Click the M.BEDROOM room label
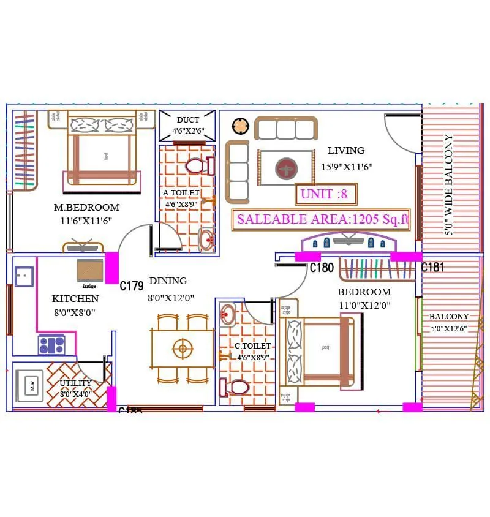click(86, 208)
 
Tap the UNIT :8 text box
click(325, 194)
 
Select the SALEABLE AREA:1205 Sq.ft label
click(322, 219)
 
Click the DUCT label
click(188, 120)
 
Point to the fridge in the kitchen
click(90, 270)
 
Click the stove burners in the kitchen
click(51, 345)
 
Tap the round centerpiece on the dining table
click(182, 349)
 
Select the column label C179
click(131, 285)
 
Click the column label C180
click(322, 268)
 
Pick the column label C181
click(432, 267)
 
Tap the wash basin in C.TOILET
click(228, 313)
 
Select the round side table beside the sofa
click(241, 127)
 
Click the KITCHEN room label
click(75, 299)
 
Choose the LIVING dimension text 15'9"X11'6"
click(347, 166)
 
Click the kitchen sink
click(24, 276)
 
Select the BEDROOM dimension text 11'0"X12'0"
click(364, 305)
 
